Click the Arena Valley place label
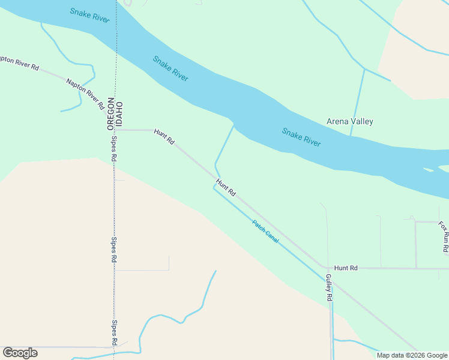point(349,121)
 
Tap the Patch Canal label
point(265,232)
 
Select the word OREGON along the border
point(110,113)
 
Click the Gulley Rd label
point(329,287)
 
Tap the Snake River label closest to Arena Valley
point(301,137)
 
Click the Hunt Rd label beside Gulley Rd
point(346,268)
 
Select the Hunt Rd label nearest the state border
point(164,136)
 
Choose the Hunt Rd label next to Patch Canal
point(226,188)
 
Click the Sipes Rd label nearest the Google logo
point(113,332)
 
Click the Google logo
point(20,353)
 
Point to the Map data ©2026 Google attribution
point(412,355)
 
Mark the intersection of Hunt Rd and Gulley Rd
point(328,268)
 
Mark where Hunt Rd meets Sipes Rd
point(115,130)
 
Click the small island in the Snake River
point(428,170)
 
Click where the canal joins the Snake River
point(234,126)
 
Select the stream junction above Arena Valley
point(364,68)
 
